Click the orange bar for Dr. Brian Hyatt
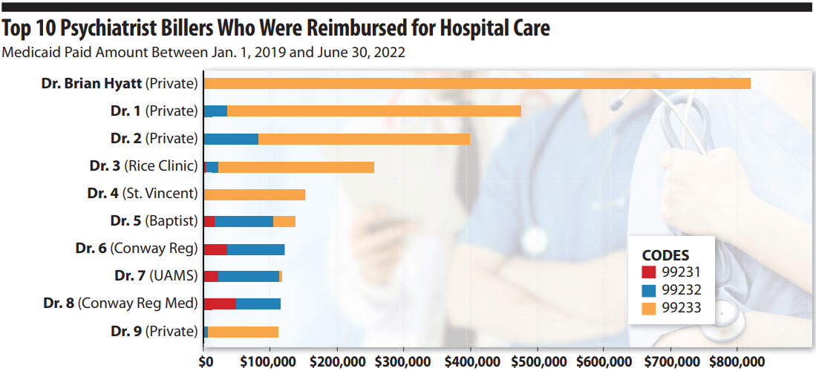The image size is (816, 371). pyautogui.click(x=477, y=83)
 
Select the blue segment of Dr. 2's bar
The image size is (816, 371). pyautogui.click(x=231, y=139)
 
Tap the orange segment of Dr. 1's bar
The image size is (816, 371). pyautogui.click(x=374, y=111)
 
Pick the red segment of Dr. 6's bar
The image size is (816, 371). pyautogui.click(x=215, y=249)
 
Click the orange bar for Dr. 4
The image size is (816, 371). pyautogui.click(x=254, y=194)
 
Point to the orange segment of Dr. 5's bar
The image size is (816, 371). pyautogui.click(x=284, y=221)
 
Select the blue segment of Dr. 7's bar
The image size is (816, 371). pyautogui.click(x=248, y=277)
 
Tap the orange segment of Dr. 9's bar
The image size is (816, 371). pyautogui.click(x=243, y=332)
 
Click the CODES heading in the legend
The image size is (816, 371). pyautogui.click(x=665, y=254)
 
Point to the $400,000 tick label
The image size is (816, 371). pyautogui.click(x=470, y=361)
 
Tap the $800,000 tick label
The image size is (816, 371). pyautogui.click(x=737, y=361)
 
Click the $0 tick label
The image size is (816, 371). pyautogui.click(x=206, y=361)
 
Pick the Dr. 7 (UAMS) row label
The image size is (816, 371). pyautogui.click(x=157, y=276)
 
